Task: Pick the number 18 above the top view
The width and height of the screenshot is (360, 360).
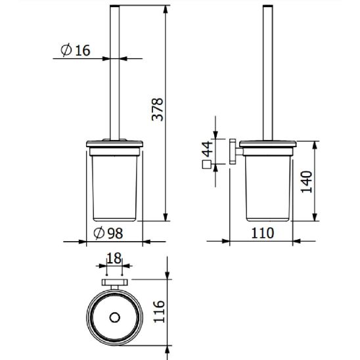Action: click(x=114, y=258)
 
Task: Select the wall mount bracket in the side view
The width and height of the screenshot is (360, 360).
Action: click(x=233, y=152)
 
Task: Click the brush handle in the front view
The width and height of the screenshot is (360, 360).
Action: click(x=114, y=72)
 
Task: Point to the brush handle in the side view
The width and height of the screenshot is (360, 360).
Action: click(x=268, y=72)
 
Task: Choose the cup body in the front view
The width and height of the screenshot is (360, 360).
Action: click(x=114, y=187)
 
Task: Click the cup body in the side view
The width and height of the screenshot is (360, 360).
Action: click(x=268, y=187)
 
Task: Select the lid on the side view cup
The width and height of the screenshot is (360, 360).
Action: click(x=268, y=145)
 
